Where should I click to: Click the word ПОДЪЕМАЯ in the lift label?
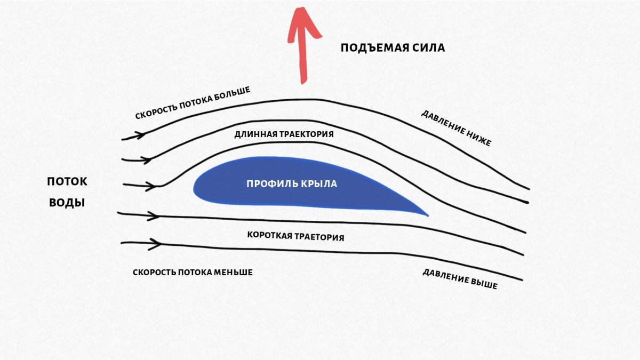pos(374,47)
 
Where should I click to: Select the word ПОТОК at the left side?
pos(67,182)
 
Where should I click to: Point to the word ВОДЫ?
pos(67,203)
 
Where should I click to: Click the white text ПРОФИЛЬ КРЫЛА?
pos(292,183)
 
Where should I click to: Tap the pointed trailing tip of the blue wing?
pos(428,215)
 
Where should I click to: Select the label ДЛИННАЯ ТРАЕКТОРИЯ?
pos(284,134)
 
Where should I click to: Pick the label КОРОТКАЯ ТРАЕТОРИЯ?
pos(295,236)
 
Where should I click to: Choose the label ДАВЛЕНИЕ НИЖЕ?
pos(457,128)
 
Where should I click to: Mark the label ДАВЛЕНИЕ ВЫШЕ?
pos(460,279)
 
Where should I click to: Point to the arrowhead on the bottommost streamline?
pos(155,244)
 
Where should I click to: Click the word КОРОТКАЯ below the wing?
pos(270,235)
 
